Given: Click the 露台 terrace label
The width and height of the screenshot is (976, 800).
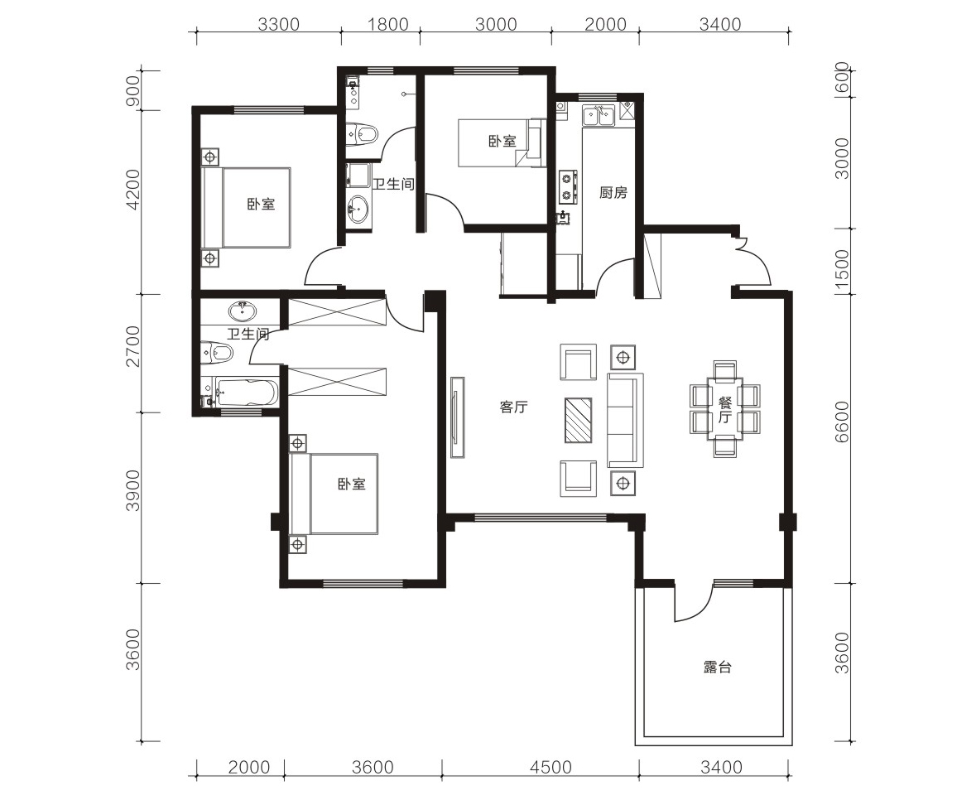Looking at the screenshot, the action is (x=718, y=667).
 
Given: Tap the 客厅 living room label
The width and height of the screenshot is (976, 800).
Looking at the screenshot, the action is (x=513, y=407).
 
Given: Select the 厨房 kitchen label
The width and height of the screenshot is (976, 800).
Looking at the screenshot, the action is (x=613, y=193).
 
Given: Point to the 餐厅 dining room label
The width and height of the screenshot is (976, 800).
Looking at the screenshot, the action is (x=724, y=409).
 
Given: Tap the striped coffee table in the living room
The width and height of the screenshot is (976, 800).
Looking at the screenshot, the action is (x=579, y=420).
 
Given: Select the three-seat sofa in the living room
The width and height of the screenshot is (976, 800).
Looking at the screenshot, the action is (x=626, y=420).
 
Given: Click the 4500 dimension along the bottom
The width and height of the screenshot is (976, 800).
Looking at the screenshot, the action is (x=551, y=767).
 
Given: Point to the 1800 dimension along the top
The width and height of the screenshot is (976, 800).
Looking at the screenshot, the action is (x=387, y=24).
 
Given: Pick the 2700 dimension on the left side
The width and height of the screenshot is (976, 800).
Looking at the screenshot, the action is (x=134, y=346).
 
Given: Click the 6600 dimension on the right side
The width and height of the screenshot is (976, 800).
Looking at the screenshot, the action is (x=841, y=422).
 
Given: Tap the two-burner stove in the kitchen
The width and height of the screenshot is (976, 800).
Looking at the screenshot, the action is (x=567, y=186).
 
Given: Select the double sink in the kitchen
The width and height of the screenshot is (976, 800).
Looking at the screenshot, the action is (x=599, y=116).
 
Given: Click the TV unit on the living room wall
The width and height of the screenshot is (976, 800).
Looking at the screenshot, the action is (x=458, y=417).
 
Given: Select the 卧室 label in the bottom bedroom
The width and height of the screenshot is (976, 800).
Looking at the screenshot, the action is (x=352, y=484).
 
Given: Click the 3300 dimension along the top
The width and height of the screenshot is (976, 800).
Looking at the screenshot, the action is (x=279, y=24).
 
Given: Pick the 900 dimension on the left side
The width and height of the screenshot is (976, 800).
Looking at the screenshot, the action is (x=134, y=91).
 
